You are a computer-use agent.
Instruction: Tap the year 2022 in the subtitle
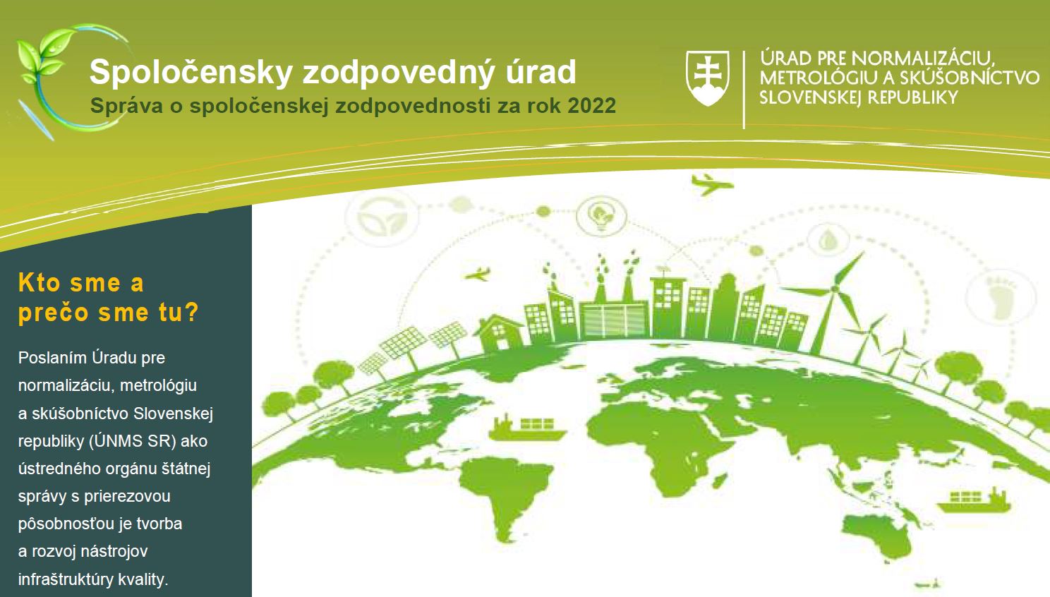[x=591, y=106]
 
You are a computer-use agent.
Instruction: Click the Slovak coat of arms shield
[x=707, y=78]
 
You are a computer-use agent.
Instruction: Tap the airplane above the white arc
[x=711, y=184]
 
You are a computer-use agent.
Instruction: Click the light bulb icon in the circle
[x=601, y=216]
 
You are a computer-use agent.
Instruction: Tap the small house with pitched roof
[x=498, y=332]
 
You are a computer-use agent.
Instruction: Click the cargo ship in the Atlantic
[x=527, y=428]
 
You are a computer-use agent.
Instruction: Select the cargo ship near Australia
[x=974, y=500]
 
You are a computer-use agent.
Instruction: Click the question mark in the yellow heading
[x=191, y=312]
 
